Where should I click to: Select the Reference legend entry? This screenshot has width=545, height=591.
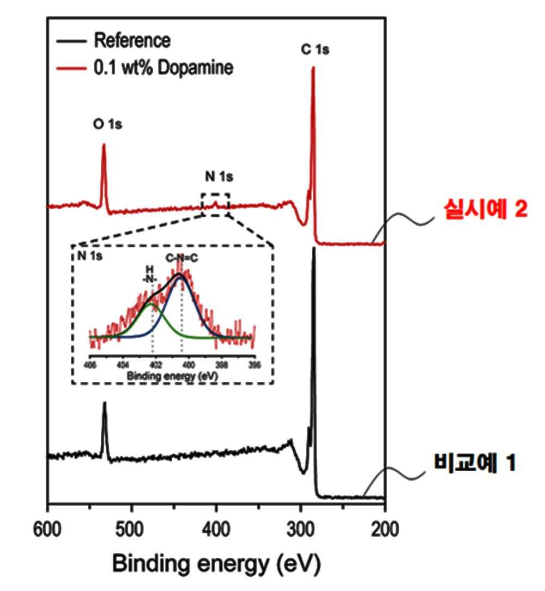coord(132,40)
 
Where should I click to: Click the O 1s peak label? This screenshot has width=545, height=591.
coord(107,125)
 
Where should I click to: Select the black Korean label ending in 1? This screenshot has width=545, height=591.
coord(474,464)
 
